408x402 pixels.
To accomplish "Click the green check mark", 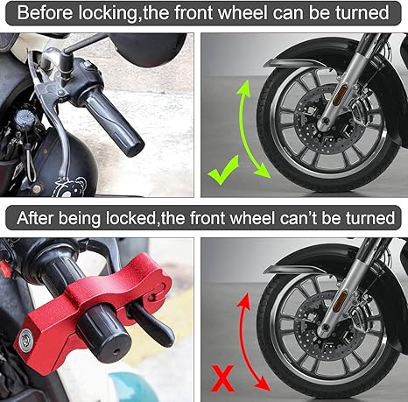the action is pyautogui.click(x=223, y=171).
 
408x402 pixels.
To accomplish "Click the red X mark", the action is pyautogui.click(x=223, y=378).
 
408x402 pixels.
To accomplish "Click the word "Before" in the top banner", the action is pyautogui.click(x=45, y=13).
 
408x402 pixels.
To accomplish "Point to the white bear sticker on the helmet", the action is pyautogui.click(x=71, y=187).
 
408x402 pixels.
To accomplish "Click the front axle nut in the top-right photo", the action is pyautogui.click(x=324, y=121).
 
